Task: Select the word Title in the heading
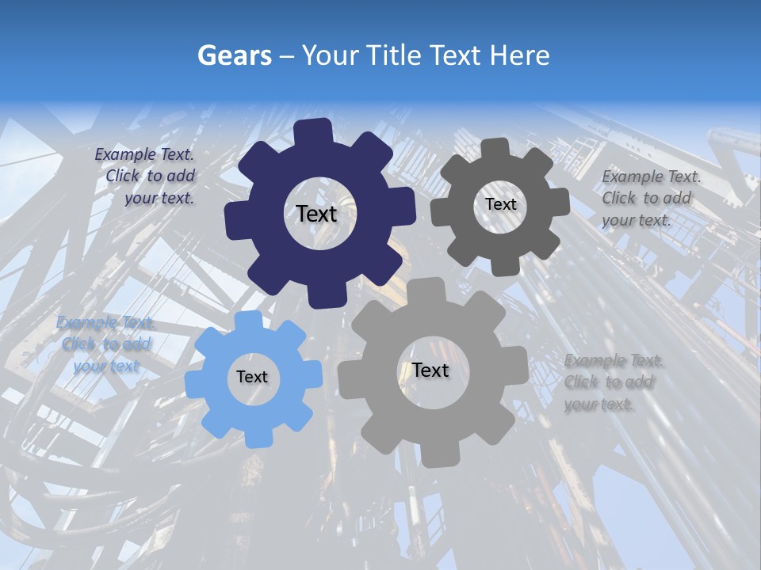pyautogui.click(x=394, y=55)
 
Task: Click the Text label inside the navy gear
pyautogui.click(x=316, y=214)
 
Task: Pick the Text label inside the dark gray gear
pyautogui.click(x=500, y=204)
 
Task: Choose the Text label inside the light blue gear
pyautogui.click(x=252, y=378)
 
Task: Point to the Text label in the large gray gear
pyautogui.click(x=430, y=370)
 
